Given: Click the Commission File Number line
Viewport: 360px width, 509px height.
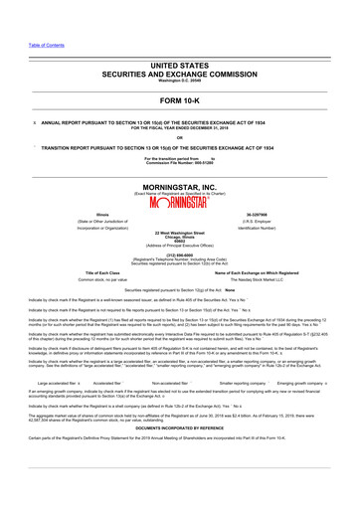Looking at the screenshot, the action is click(x=180, y=162).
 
